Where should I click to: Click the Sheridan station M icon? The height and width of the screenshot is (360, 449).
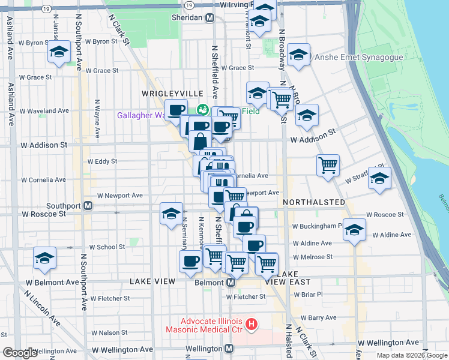coord(209,18)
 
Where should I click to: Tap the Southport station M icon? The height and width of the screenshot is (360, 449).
coord(88,205)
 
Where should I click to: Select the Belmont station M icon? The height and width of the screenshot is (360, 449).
coord(230,282)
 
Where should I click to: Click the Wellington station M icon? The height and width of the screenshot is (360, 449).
coord(229,349)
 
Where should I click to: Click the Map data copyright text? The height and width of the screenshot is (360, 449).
coord(412,355)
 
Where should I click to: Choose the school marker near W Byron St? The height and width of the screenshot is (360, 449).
coord(59,53)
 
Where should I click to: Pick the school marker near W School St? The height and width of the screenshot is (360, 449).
coord(45,257)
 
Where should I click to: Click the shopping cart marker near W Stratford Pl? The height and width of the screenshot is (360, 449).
coord(328,164)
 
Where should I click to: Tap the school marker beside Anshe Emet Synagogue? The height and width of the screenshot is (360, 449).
coord(298,55)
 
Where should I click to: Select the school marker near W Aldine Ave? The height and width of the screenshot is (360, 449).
coord(354,230)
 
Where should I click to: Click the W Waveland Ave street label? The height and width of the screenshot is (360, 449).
coord(44,111)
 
